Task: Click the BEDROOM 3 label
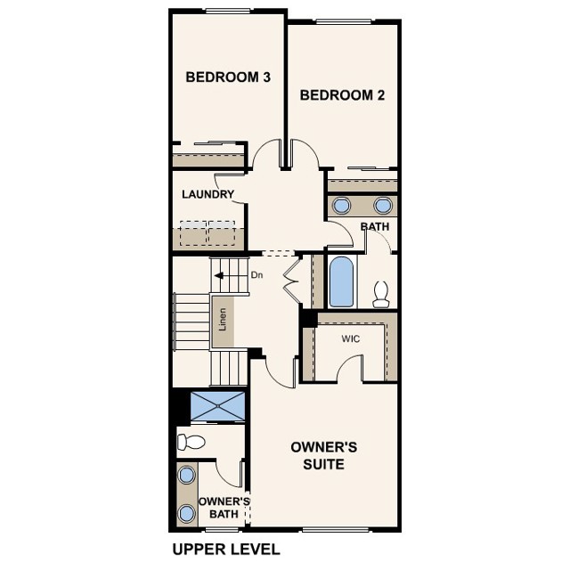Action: click(x=228, y=77)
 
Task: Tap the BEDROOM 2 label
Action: click(x=342, y=95)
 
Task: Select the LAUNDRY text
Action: click(x=208, y=194)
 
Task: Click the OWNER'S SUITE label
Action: click(x=323, y=455)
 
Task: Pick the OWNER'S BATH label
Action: click(x=224, y=508)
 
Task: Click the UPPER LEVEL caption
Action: click(x=224, y=549)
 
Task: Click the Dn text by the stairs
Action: click(x=256, y=275)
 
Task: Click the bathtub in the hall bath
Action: click(x=342, y=281)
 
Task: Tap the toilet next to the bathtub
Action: click(x=381, y=293)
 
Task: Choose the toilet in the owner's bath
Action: click(x=191, y=441)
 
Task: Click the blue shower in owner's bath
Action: click(x=218, y=407)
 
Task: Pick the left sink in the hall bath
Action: click(x=342, y=206)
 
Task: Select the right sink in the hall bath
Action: click(x=383, y=206)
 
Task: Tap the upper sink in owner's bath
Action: click(x=186, y=475)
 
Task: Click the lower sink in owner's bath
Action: click(x=186, y=513)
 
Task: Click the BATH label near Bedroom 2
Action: click(x=375, y=227)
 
